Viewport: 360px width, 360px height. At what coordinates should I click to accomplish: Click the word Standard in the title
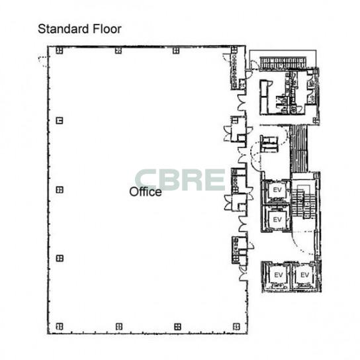click(64, 29)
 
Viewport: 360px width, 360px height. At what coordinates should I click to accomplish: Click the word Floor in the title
click(107, 29)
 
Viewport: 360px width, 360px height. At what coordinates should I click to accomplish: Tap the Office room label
click(146, 192)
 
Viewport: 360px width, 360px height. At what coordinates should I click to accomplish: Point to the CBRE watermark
click(180, 180)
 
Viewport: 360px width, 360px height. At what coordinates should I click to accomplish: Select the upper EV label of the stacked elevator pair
click(277, 190)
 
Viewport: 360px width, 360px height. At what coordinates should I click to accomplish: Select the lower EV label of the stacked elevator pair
click(277, 220)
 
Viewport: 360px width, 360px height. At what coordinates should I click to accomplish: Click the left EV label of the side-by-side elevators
click(279, 275)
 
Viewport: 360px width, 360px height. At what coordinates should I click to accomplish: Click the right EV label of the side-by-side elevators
click(304, 275)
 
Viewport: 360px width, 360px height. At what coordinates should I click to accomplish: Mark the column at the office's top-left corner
click(60, 50)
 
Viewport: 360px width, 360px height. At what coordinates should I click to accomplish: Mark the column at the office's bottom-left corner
click(60, 326)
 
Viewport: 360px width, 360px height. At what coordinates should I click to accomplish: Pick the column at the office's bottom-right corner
click(236, 326)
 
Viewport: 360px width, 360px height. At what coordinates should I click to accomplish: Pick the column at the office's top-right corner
click(234, 50)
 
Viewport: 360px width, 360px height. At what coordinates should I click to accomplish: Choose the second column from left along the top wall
click(118, 50)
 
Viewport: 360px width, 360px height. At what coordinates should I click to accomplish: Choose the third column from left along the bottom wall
click(177, 326)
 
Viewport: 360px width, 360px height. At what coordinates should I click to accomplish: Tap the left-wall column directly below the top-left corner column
click(60, 120)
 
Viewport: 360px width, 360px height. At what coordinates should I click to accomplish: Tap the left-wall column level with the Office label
click(60, 190)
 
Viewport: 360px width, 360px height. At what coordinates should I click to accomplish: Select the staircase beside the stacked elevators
click(303, 203)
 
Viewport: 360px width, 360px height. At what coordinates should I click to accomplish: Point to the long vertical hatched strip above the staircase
click(298, 149)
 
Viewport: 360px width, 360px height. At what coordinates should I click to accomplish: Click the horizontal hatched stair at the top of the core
click(283, 63)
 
